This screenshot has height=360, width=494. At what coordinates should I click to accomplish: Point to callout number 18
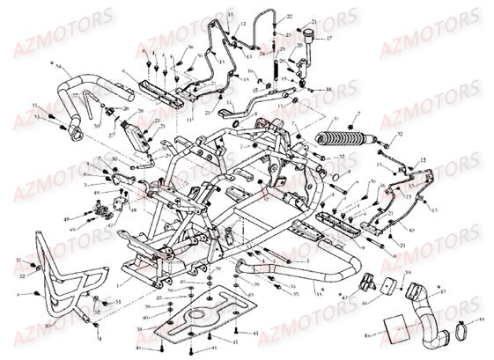(328, 91)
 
